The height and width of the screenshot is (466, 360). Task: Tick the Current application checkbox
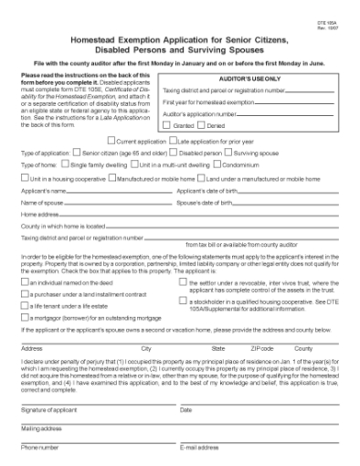111,141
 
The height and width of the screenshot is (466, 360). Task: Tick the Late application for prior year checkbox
173,141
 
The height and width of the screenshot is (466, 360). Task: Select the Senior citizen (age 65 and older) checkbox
76,153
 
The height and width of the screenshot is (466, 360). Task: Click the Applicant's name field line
119,191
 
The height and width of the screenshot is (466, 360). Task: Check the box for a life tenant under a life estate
25,307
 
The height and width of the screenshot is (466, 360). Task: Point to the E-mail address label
201,447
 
